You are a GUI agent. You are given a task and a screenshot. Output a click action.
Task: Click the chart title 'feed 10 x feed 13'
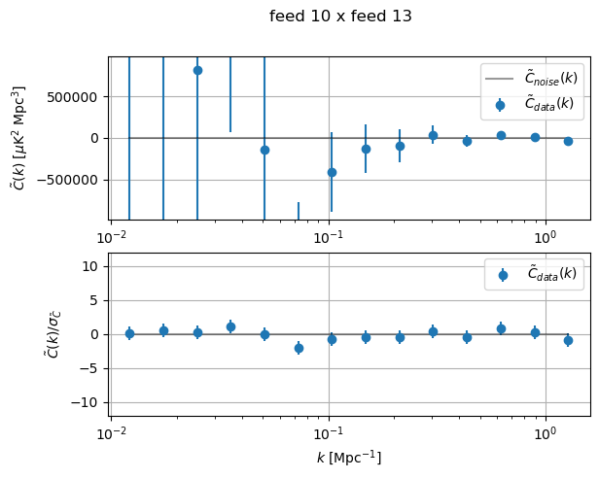coord(340,17)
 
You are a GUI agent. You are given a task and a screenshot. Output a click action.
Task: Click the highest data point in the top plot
coord(197,70)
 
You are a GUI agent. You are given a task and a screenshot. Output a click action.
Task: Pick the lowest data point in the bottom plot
coord(299,348)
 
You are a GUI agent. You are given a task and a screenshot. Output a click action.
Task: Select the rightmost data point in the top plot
coord(568,141)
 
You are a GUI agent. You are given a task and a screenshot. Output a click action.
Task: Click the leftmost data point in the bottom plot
coord(129,333)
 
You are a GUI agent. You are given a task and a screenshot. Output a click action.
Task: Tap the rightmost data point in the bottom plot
coord(568,340)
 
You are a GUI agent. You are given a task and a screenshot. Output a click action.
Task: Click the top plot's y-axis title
coord(20,137)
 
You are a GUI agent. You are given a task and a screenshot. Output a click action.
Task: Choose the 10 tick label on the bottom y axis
coord(93,266)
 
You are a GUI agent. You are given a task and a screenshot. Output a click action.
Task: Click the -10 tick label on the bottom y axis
coord(89,402)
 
